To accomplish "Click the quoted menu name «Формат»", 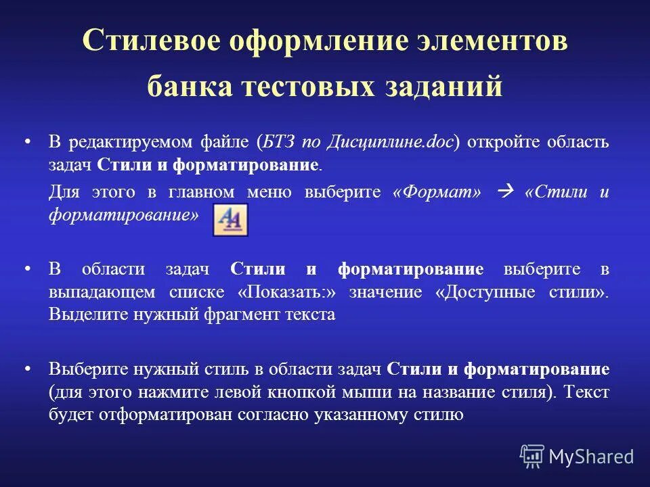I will pos(437,193).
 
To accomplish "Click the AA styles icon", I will pos(230,219).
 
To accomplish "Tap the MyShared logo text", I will pos(590,457).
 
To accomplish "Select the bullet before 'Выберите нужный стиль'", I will pos(28,369).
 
